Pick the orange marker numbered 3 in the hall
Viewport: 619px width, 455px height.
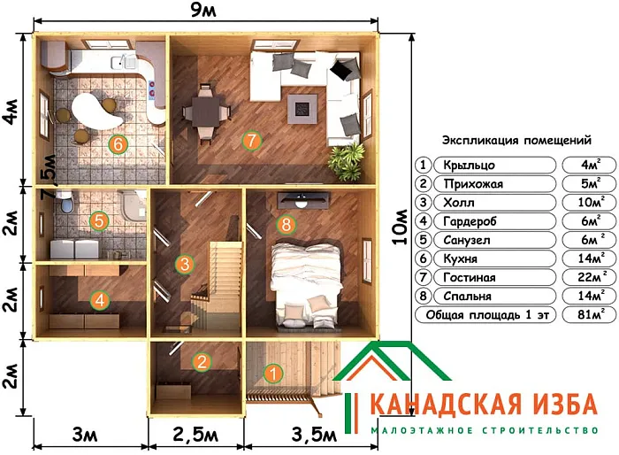coord(184,263)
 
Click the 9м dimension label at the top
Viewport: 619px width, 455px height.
coord(205,12)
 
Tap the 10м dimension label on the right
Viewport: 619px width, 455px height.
coord(403,226)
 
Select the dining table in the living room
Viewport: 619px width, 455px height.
coord(205,112)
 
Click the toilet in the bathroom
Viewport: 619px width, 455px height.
coord(65,205)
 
